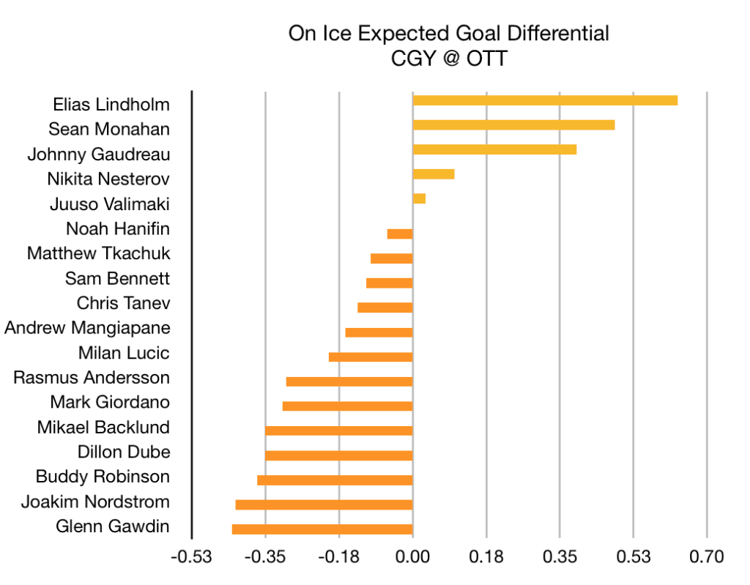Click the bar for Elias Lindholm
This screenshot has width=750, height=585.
coord(545,100)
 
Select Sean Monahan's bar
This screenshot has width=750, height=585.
coord(513,124)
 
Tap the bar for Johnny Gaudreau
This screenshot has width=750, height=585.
coord(494,149)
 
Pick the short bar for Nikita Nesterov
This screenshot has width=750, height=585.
coord(434,174)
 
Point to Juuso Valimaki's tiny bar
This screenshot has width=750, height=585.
coord(419,198)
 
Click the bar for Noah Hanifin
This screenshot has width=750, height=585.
coord(400,234)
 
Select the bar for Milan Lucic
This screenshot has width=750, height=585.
coord(371,357)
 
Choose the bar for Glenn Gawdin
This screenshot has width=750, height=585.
coord(322,529)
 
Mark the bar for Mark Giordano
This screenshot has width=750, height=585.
coord(347,406)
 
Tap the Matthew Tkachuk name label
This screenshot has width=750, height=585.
coord(98,253)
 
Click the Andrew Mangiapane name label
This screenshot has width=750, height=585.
coord(87,328)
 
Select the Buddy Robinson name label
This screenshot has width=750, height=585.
coord(103,477)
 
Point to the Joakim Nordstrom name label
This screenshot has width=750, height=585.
coord(95,502)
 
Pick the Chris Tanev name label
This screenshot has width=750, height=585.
coord(123,303)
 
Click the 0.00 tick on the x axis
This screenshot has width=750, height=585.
coord(412,557)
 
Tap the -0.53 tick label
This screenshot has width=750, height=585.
coord(191,557)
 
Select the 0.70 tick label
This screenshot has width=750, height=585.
coord(707,557)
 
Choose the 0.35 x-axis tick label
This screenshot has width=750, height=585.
coord(560,557)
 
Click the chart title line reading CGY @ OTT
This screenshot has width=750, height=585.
coord(448,58)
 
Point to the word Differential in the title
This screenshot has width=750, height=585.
coord(556,34)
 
